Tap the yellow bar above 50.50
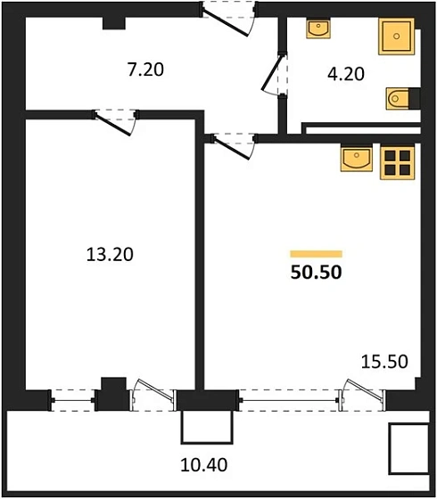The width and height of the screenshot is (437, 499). tap(317, 254)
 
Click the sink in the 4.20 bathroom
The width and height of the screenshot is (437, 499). tap(317, 29)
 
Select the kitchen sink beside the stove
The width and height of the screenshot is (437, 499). tap(358, 160)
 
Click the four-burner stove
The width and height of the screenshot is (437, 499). tap(398, 160)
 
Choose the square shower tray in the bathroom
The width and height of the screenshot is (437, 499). tap(396, 38)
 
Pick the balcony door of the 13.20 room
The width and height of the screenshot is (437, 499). tap(150, 397)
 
